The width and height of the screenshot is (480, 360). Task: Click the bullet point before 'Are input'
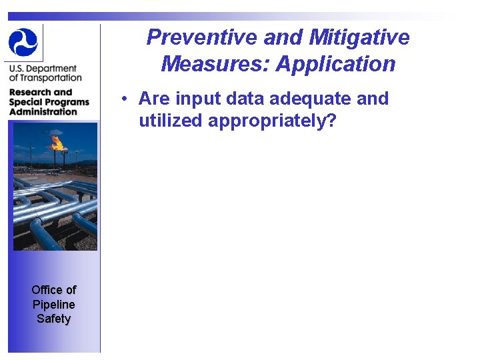(x=125, y=99)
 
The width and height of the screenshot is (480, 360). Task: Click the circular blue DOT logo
(x=24, y=41)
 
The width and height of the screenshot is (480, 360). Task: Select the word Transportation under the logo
(x=52, y=77)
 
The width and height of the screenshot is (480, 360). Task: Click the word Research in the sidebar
(x=31, y=92)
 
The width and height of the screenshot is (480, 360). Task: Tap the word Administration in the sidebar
(x=43, y=111)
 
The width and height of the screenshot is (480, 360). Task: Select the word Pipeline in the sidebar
(x=54, y=305)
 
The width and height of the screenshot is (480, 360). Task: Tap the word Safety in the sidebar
(x=54, y=319)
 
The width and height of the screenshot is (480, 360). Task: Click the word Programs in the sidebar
(x=68, y=102)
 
